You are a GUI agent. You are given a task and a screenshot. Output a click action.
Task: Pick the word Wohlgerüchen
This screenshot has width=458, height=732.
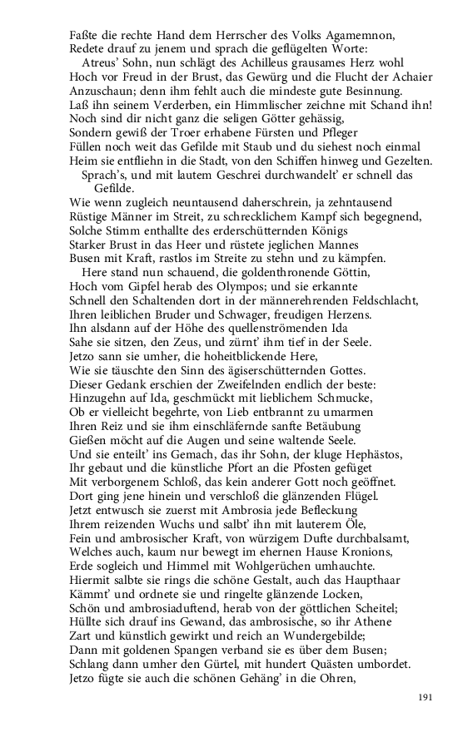(255, 566)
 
